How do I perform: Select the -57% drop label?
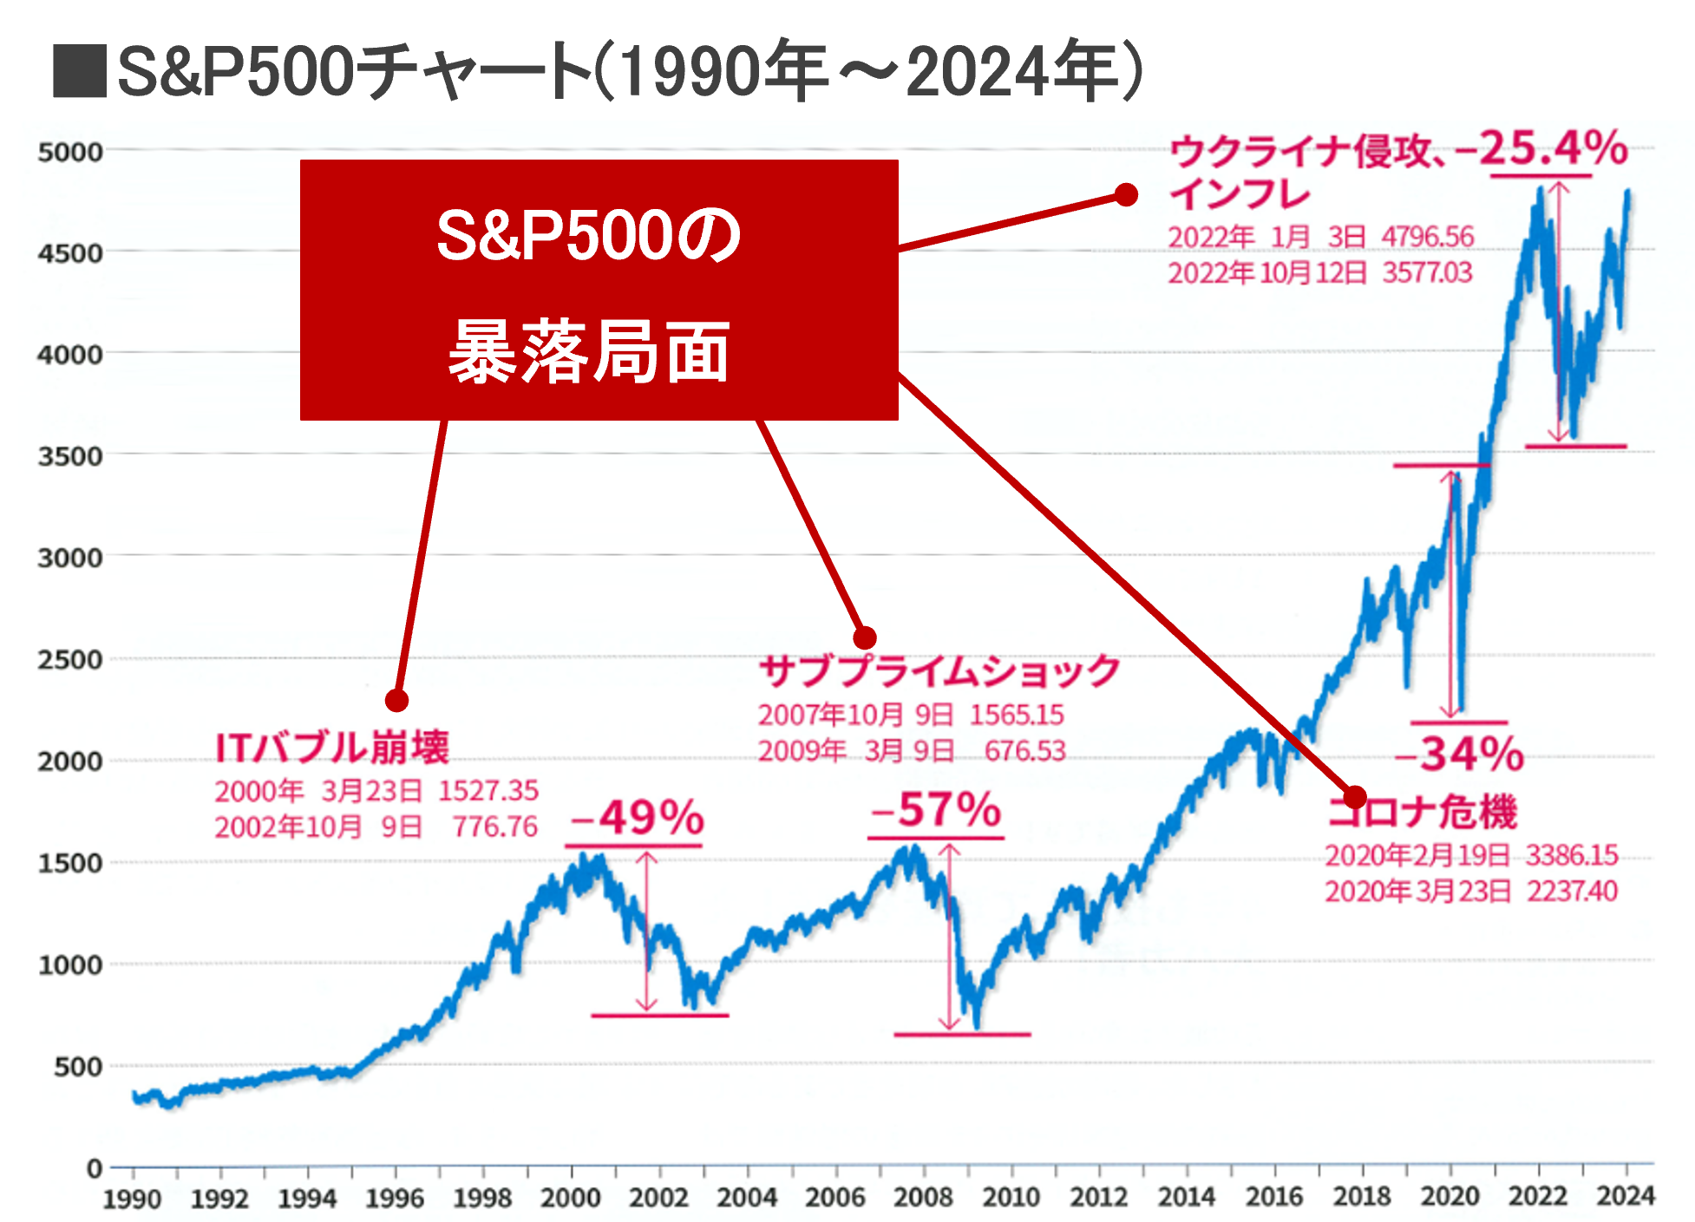(937, 810)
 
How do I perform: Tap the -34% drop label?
(1460, 754)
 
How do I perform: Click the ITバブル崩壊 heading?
(332, 748)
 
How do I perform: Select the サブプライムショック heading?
(939, 671)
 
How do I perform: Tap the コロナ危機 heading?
(1423, 813)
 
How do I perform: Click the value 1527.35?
(488, 791)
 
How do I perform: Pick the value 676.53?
(1024, 750)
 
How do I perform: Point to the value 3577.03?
(1427, 273)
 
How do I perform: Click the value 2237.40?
(1572, 891)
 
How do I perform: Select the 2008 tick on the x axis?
(923, 1198)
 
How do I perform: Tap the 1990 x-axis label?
(133, 1199)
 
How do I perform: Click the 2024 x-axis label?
(1626, 1197)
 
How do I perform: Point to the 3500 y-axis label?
(69, 456)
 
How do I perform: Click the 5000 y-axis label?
(69, 153)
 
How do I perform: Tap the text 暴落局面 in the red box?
(589, 352)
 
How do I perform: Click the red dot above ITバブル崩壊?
(396, 700)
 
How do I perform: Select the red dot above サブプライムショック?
(864, 638)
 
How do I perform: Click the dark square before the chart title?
(79, 72)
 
